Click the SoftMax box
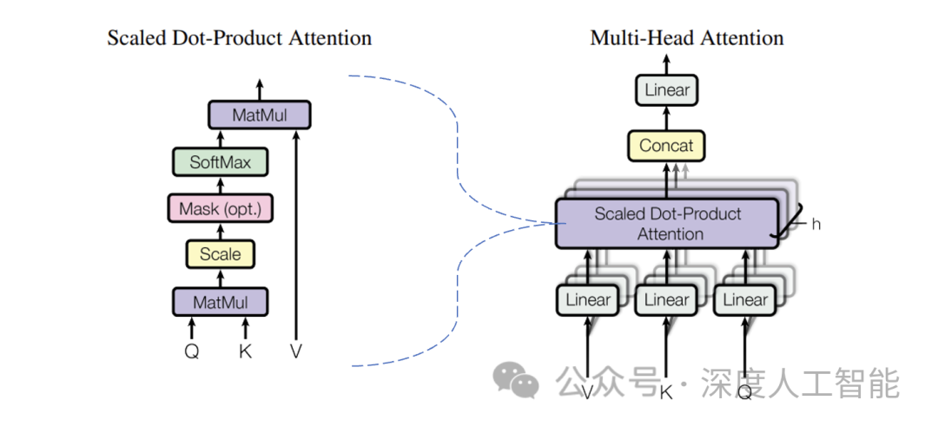(x=220, y=161)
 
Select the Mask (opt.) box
(x=220, y=208)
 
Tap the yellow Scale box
(x=220, y=254)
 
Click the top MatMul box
(x=259, y=115)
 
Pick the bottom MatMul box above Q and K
(x=220, y=302)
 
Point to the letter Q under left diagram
(x=191, y=352)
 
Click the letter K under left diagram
(x=245, y=352)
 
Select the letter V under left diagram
(x=297, y=352)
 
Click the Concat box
(x=667, y=146)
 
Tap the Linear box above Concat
(x=667, y=89)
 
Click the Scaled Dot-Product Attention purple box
(x=666, y=224)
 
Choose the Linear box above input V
(x=588, y=300)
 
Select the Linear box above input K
(x=666, y=300)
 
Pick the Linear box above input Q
(x=745, y=300)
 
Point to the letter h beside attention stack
(x=816, y=224)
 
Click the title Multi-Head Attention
(x=686, y=38)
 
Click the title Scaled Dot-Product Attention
(x=239, y=38)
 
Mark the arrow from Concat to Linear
(x=667, y=118)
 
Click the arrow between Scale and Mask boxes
(x=220, y=232)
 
